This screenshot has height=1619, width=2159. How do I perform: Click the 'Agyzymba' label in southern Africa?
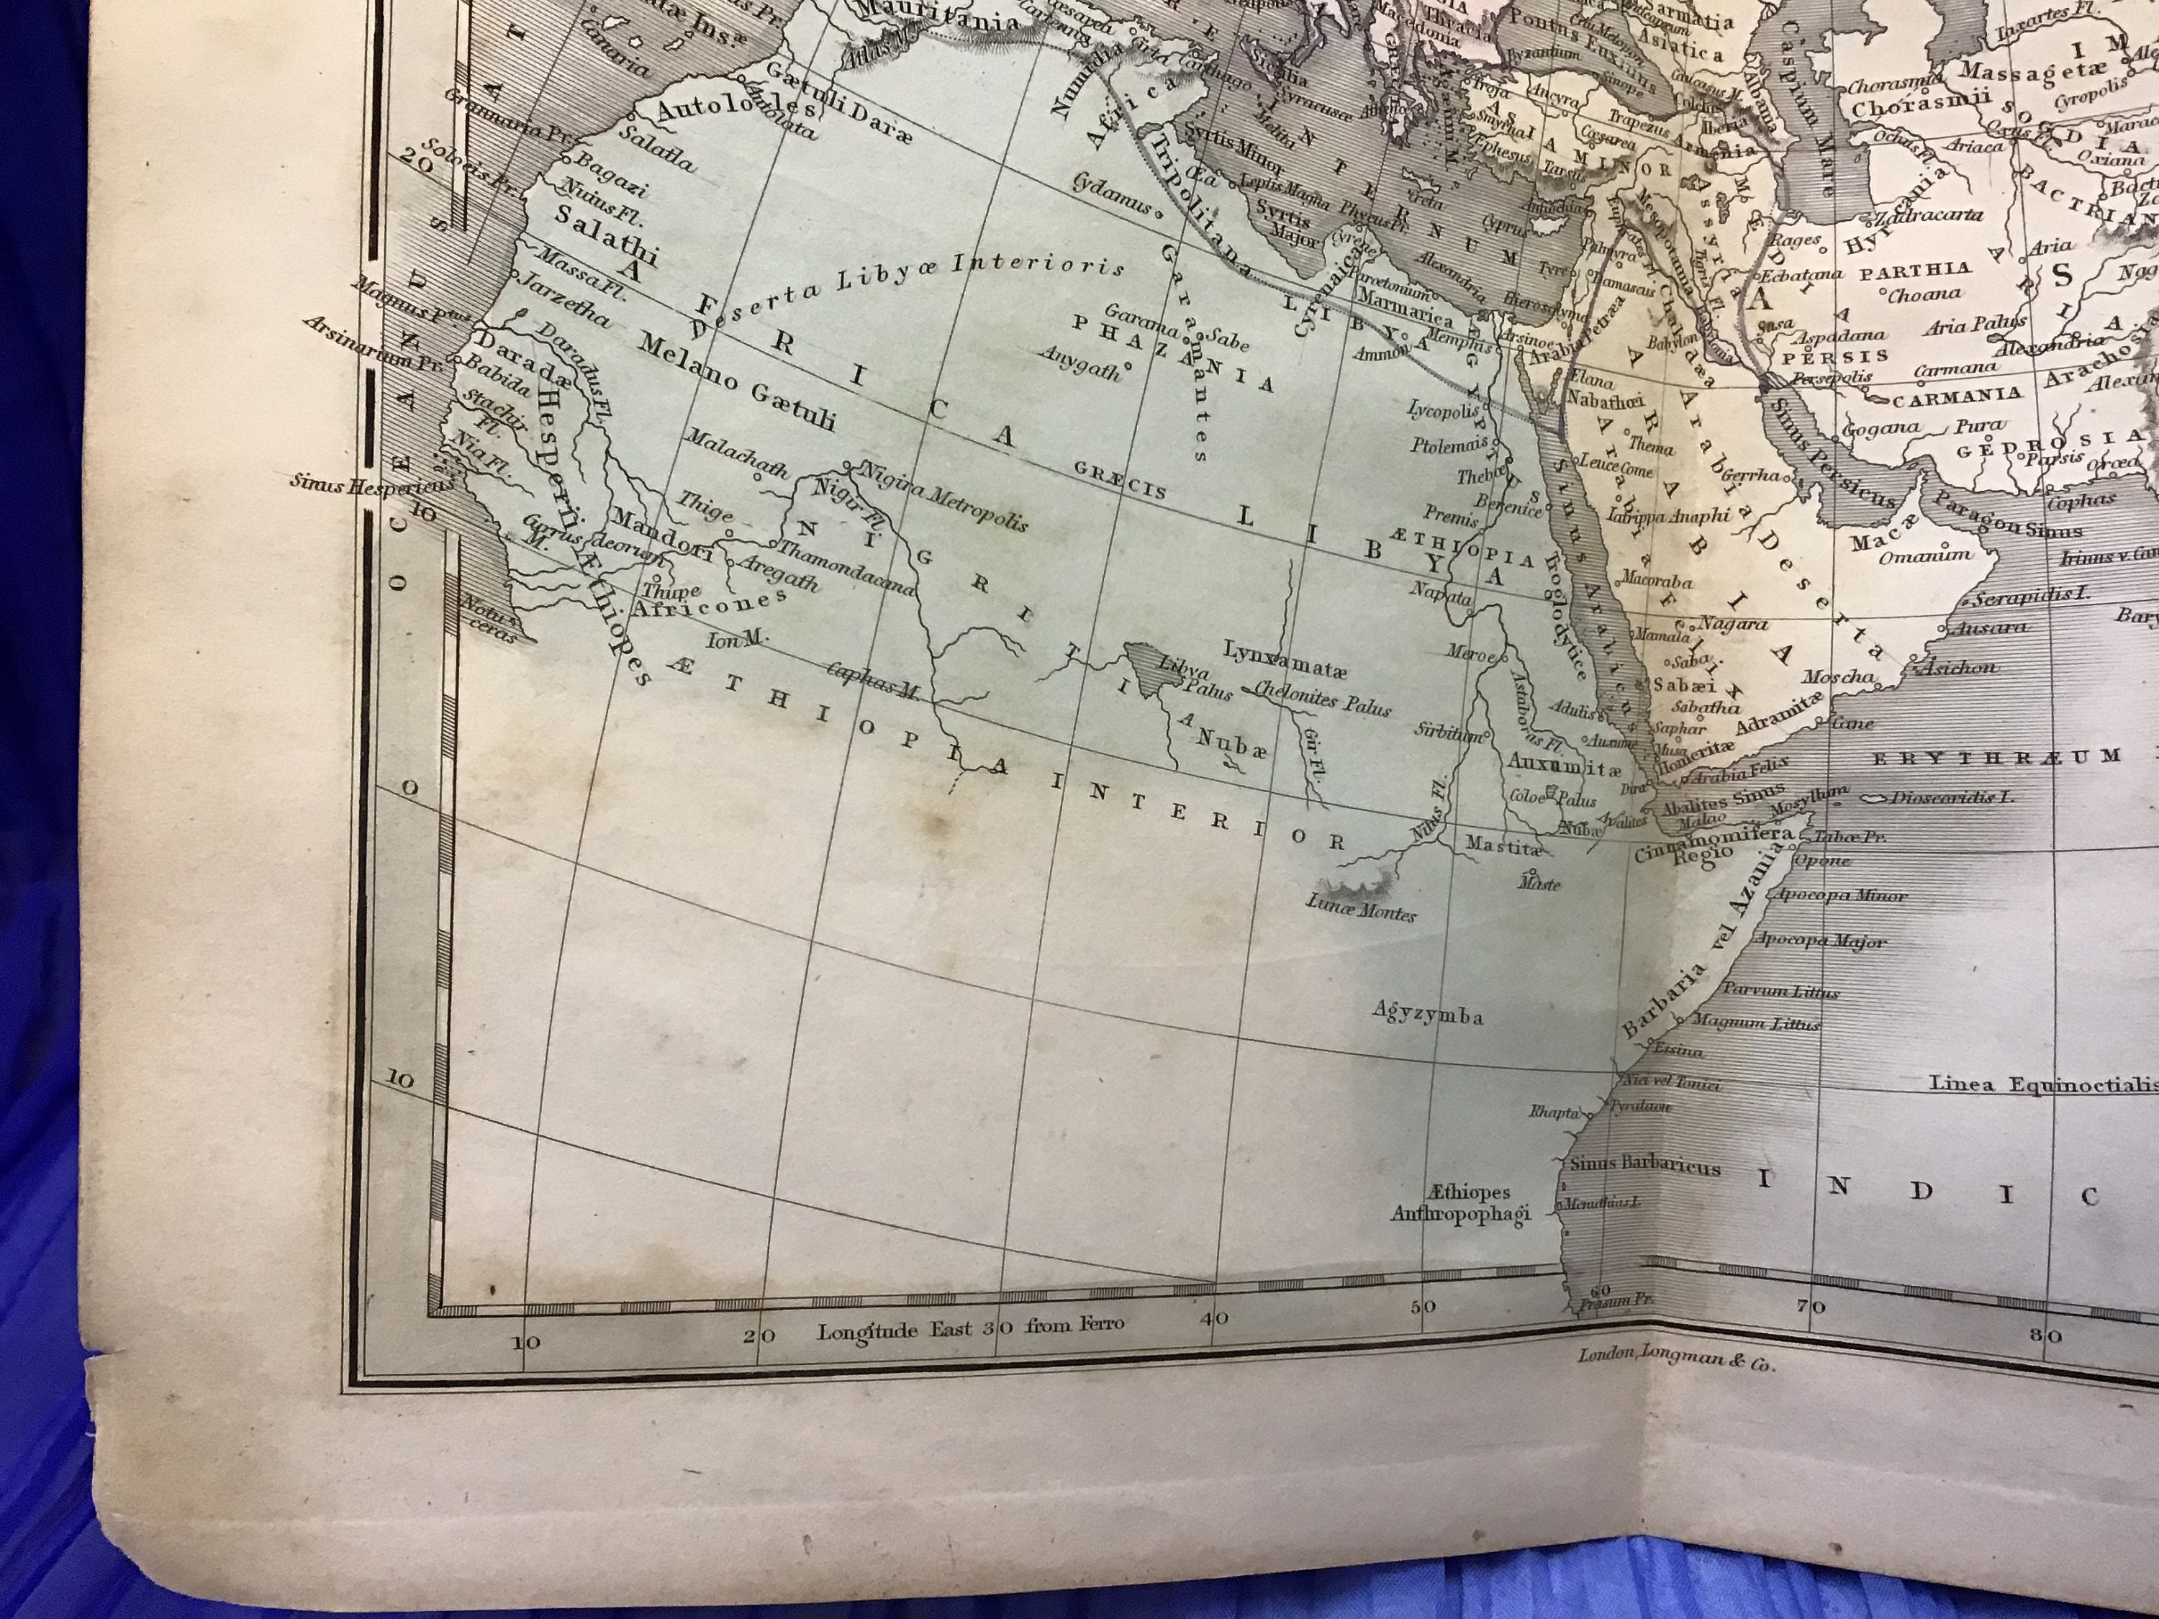point(1427,1014)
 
